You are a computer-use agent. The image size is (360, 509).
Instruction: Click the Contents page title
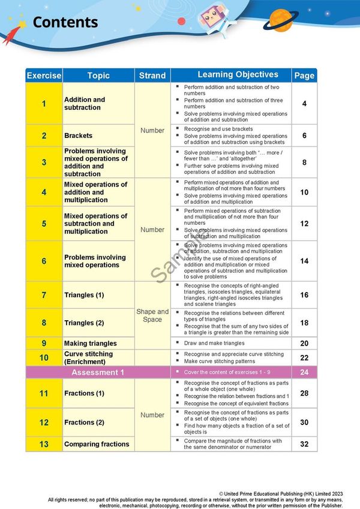65,23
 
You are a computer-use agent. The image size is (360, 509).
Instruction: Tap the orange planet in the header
281,20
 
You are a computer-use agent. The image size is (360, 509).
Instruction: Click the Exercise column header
44,76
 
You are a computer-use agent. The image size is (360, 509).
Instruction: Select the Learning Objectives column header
238,75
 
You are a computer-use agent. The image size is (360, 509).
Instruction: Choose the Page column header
304,76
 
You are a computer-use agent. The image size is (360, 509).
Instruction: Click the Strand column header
152,76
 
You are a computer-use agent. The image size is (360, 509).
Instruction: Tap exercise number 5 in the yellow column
44,224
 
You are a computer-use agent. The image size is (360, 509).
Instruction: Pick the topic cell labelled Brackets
79,136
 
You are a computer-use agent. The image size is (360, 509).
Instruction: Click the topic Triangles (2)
84,323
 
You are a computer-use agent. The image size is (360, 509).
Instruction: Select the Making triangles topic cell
91,344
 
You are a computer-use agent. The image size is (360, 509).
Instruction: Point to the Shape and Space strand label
152,315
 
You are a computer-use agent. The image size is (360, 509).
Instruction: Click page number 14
304,261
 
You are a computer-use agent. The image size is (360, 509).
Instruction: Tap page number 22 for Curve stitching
304,358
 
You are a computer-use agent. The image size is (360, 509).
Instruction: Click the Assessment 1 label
98,372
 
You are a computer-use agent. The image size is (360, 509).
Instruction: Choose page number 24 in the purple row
304,372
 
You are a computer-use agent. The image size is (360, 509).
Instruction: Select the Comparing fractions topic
97,444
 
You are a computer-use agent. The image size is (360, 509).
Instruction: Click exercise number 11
44,393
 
